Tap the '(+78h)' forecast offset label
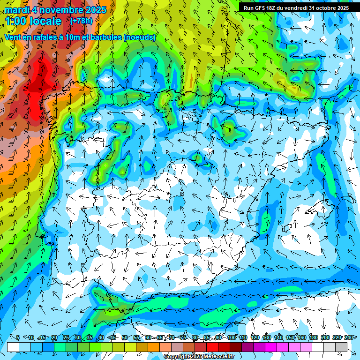[x=81, y=21]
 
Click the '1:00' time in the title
[x=16, y=21]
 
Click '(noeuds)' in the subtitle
[x=139, y=37]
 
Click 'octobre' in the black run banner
[x=326, y=8]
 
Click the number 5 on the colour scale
[x=18, y=338]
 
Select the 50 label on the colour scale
[x=124, y=338]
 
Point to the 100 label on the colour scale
[x=232, y=338]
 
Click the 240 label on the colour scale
[x=349, y=338]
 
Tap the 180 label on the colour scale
[x=314, y=338]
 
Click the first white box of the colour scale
[x=13, y=347]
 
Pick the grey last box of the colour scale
[x=341, y=347]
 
